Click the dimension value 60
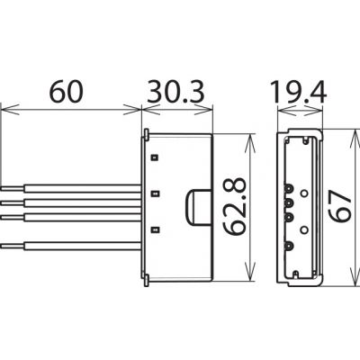(66, 91)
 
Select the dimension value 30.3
(175, 91)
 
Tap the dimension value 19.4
(298, 91)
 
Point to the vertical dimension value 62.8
(236, 206)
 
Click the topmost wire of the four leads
(71, 188)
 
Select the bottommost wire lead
(71, 246)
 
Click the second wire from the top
(71, 203)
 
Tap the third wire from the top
(71, 217)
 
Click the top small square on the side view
(155, 157)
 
